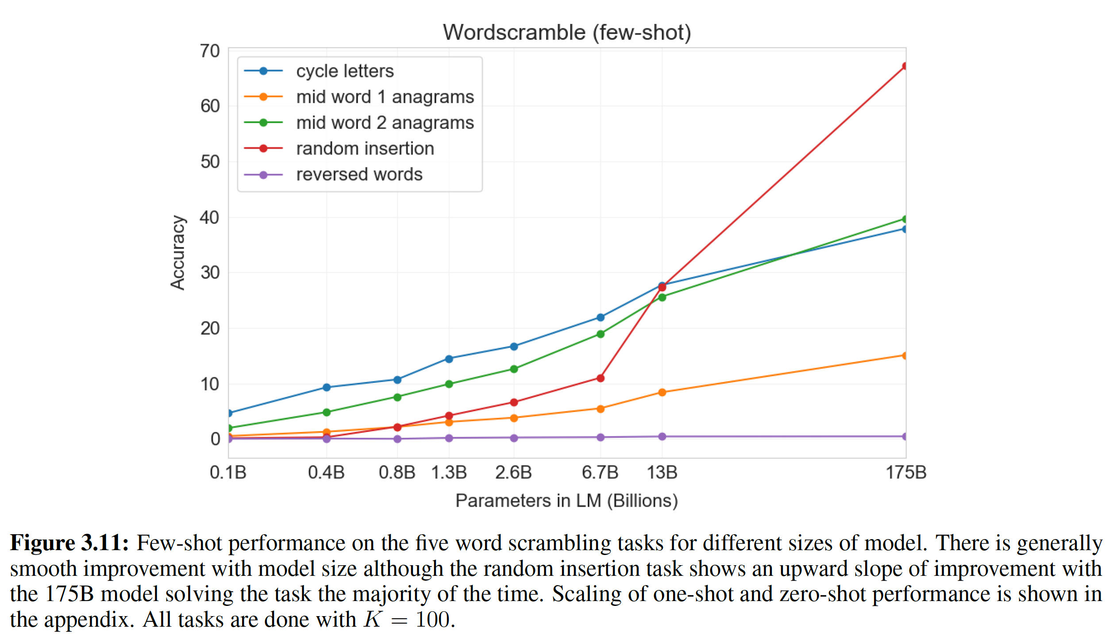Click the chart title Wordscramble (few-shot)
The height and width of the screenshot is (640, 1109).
pyautogui.click(x=566, y=32)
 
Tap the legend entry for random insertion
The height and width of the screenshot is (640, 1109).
pyautogui.click(x=365, y=149)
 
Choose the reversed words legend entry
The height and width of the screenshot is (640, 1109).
pyautogui.click(x=359, y=174)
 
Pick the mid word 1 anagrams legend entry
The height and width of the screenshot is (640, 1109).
pyautogui.click(x=385, y=97)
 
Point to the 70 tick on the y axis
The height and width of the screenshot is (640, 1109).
pyautogui.click(x=210, y=51)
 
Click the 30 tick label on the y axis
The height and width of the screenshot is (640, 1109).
pyautogui.click(x=210, y=273)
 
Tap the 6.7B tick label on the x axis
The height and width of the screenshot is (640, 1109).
pyautogui.click(x=600, y=473)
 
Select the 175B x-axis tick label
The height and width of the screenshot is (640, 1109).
pyautogui.click(x=905, y=473)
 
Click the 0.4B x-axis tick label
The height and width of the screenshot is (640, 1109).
pyautogui.click(x=326, y=473)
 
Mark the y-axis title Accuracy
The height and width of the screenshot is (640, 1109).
pyautogui.click(x=178, y=253)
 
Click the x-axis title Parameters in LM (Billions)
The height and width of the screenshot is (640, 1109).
pyautogui.click(x=566, y=501)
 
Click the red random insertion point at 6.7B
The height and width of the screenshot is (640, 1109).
pyautogui.click(x=600, y=378)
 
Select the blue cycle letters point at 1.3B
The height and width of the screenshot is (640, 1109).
pyautogui.click(x=449, y=359)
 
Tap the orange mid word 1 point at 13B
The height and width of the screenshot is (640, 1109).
pyautogui.click(x=662, y=392)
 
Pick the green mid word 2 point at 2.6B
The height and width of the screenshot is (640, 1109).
pyautogui.click(x=513, y=369)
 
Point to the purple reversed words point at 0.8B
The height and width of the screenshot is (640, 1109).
pyautogui.click(x=397, y=439)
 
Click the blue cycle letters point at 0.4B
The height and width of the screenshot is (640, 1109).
pyautogui.click(x=327, y=387)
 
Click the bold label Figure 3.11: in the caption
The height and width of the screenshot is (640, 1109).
pyautogui.click(x=69, y=543)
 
